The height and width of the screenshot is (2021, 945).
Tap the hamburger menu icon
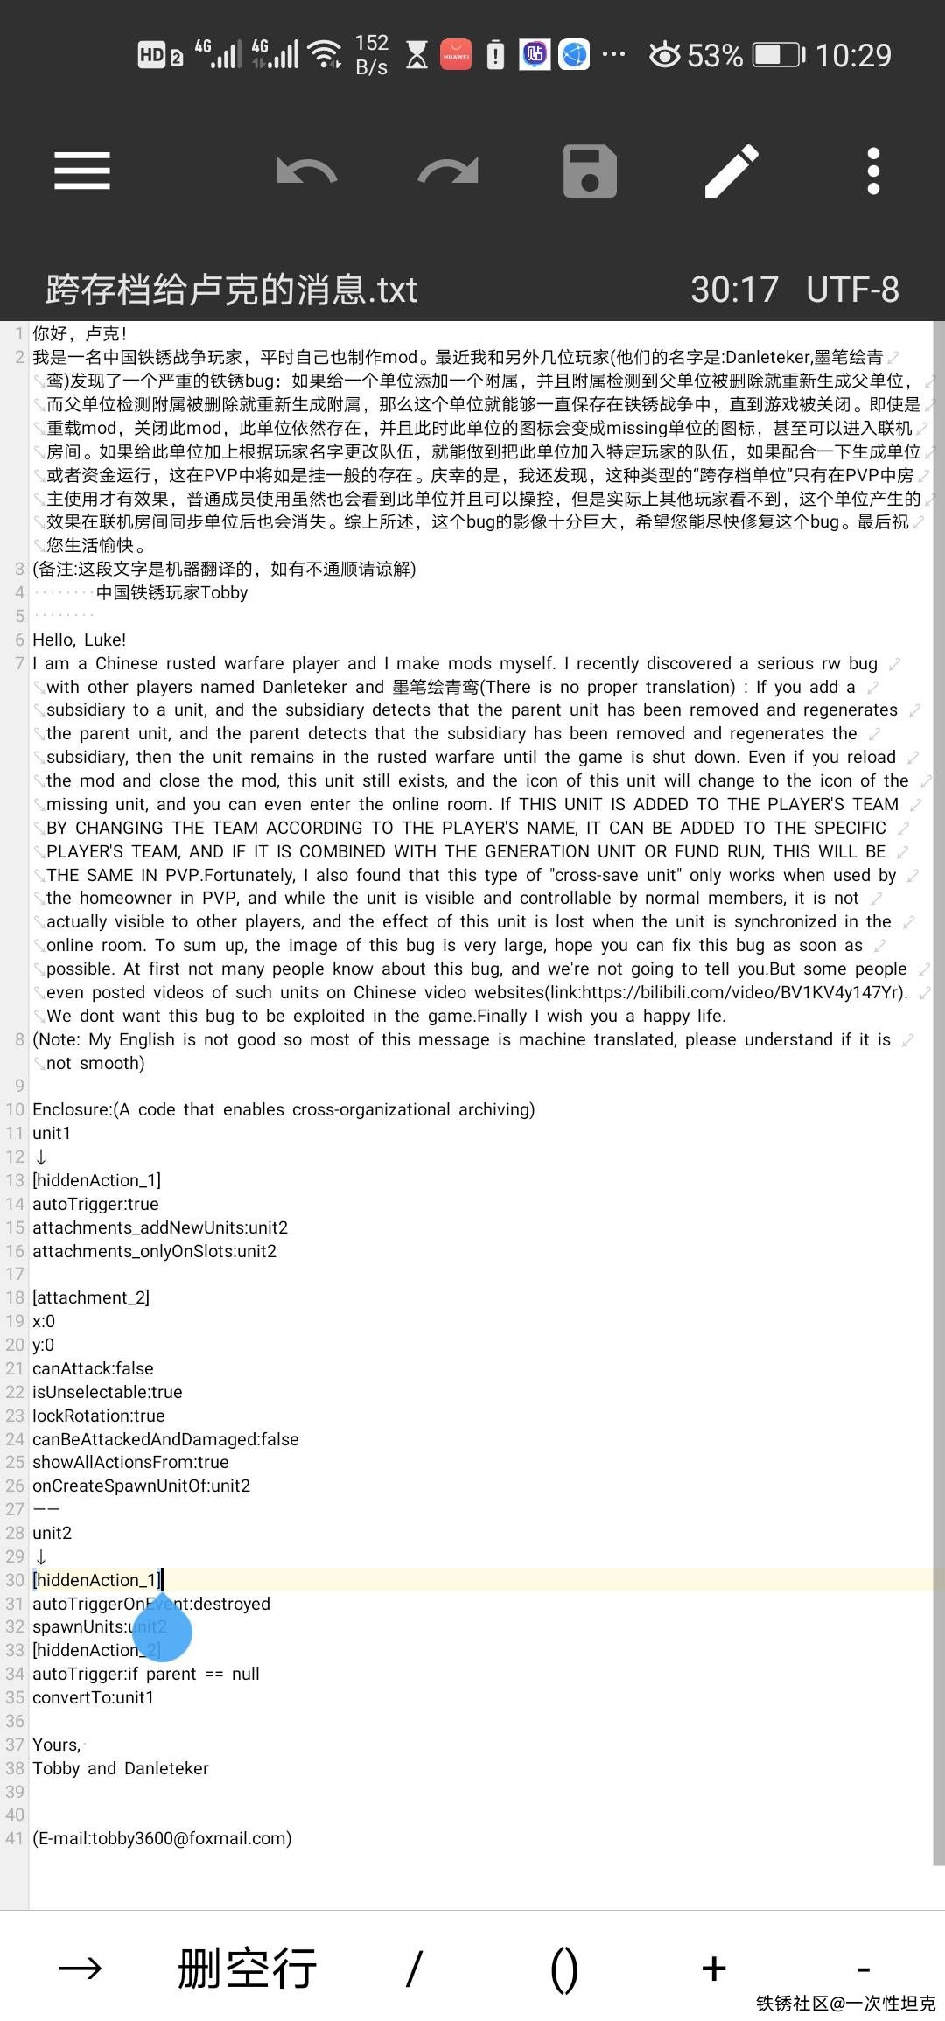click(x=82, y=171)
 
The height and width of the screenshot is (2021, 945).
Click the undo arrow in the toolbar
click(x=306, y=171)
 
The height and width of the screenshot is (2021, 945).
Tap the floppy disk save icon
click(x=590, y=171)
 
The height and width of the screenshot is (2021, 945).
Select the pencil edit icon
click(x=731, y=171)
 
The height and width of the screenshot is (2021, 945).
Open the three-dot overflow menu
click(x=872, y=171)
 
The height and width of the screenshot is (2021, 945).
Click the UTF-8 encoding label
click(x=852, y=290)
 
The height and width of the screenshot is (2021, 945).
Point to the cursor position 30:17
click(x=734, y=290)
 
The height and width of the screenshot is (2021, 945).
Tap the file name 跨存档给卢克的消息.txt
click(x=231, y=290)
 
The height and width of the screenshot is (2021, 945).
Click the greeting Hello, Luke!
click(x=80, y=640)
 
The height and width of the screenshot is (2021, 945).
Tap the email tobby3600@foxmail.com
click(x=163, y=1838)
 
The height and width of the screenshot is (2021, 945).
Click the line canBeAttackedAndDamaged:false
click(x=165, y=1439)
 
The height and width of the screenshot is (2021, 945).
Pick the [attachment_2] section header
click(x=91, y=1297)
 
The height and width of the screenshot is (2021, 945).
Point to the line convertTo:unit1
click(x=94, y=1697)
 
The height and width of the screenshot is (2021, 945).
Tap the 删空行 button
click(x=247, y=1969)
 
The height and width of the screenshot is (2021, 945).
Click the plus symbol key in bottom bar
click(x=714, y=1969)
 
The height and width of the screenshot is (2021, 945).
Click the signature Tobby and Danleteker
click(x=121, y=1768)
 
